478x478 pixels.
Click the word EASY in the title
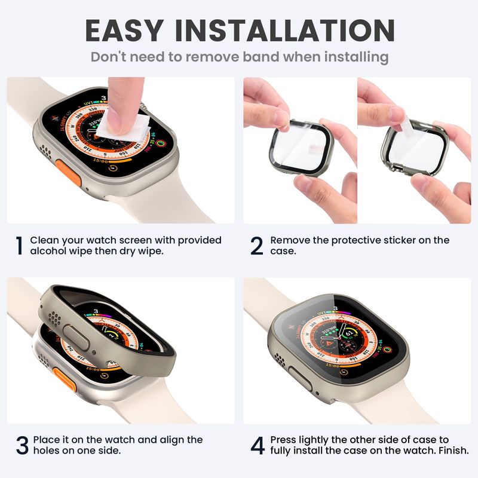coord(124,30)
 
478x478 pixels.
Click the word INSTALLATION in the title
coord(285,30)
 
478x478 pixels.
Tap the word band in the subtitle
coord(261,57)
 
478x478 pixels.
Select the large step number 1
coord(19,246)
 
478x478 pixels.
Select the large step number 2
coord(257,246)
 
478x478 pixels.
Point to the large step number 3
coord(22,445)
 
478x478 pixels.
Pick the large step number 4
coord(258,445)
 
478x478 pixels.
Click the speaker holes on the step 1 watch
coord(45,151)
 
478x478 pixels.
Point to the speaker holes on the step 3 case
coord(54,319)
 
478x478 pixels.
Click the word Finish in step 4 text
coord(454,451)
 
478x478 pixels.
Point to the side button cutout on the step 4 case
coord(300,378)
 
